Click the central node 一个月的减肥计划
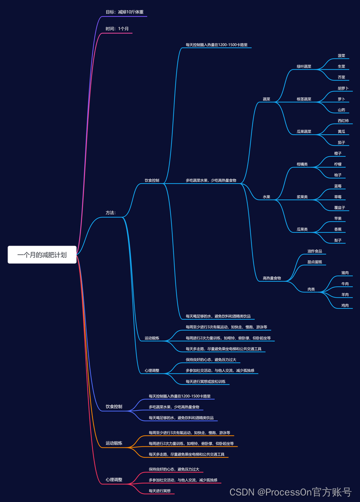(x=42, y=254)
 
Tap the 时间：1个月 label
(x=117, y=29)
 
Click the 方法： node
(x=110, y=213)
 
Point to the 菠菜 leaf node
(x=341, y=56)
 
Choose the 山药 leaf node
(x=341, y=110)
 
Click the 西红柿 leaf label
(x=343, y=121)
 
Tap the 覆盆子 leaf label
(x=340, y=207)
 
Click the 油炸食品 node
(x=314, y=251)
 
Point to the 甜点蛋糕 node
(x=314, y=262)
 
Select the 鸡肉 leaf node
(x=345, y=305)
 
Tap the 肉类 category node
(x=310, y=289)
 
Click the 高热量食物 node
(x=272, y=278)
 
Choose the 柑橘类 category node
(x=302, y=164)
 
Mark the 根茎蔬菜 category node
(x=304, y=99)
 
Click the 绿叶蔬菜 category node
(x=304, y=67)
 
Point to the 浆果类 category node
(x=302, y=197)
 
